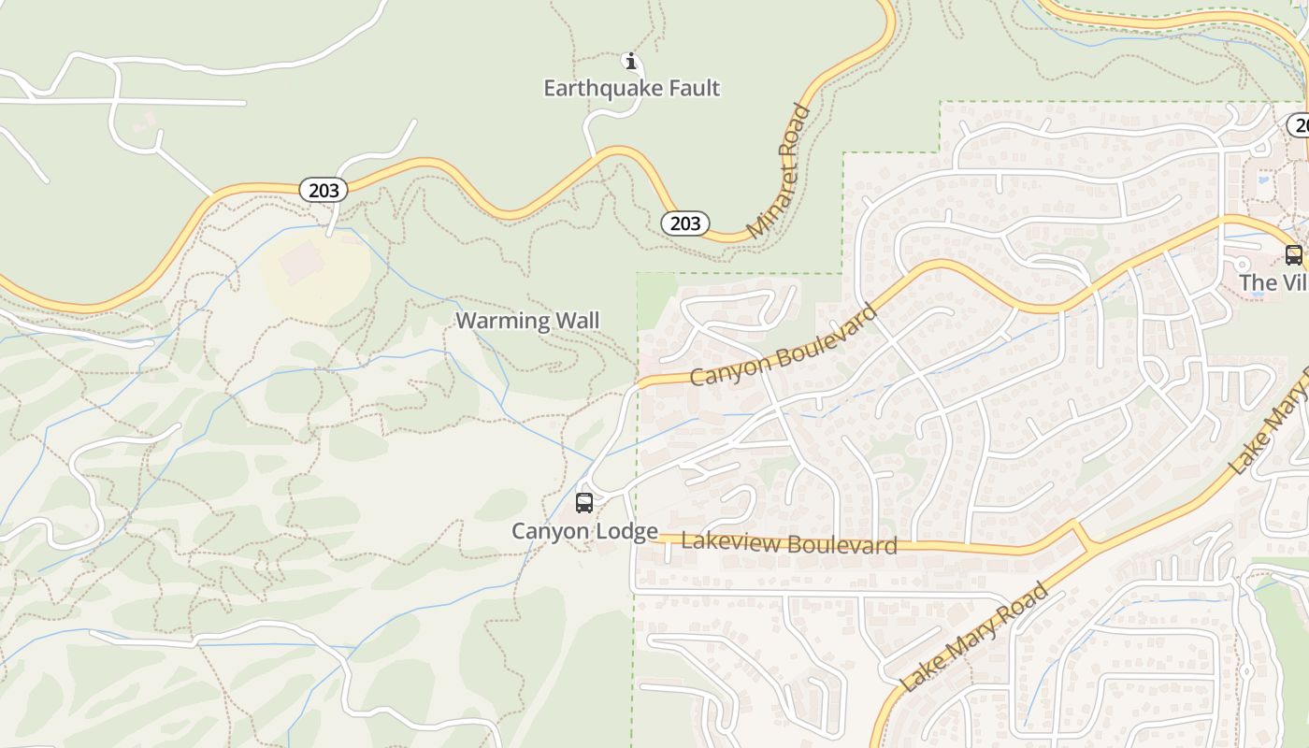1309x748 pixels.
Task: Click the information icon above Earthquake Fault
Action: coord(631,62)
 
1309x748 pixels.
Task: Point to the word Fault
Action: coord(693,88)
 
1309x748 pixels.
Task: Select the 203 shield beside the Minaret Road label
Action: coord(684,223)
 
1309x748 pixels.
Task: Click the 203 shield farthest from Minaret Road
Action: coord(324,190)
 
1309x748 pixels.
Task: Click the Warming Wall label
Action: coord(527,321)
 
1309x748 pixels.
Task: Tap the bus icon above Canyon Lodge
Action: coord(584,503)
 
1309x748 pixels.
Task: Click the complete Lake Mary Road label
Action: coord(974,637)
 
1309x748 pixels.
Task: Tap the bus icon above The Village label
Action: coord(1293,254)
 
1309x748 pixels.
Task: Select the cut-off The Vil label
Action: coord(1273,282)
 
